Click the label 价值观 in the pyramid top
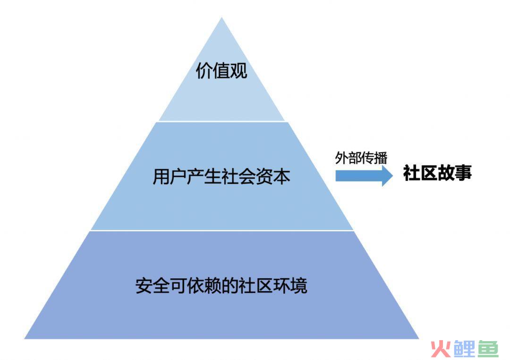(221, 70)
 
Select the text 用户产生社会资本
(221, 177)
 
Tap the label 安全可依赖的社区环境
(221, 285)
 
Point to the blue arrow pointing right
(364, 176)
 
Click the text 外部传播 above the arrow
(361, 158)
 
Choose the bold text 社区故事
(437, 172)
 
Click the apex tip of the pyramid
(221, 17)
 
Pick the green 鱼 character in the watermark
(487, 349)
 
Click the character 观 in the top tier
(239, 70)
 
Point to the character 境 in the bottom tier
(299, 285)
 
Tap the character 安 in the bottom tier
(144, 285)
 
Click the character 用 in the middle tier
(161, 177)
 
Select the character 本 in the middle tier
(281, 177)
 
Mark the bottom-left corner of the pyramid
(25, 339)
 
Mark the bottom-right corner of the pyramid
(419, 339)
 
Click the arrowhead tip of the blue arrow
(392, 176)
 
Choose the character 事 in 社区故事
(464, 172)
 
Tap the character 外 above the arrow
(342, 158)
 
